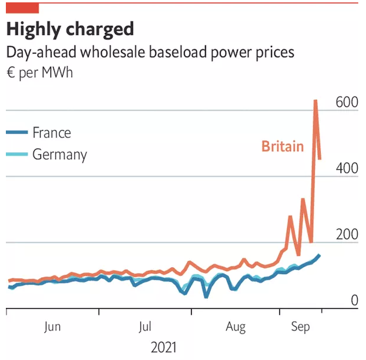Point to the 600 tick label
pos(346,102)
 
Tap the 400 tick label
pos(346,169)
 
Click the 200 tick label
pos(346,235)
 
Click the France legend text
pos(52,133)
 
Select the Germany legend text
pos(59,155)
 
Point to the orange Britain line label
pos(283,146)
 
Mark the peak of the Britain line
pos(315,100)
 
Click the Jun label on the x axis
pos(52,327)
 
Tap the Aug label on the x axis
pos(236,327)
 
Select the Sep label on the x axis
pos(301,327)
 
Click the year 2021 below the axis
pos(163,347)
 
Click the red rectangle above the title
pos(22,8)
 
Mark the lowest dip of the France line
pos(206,297)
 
